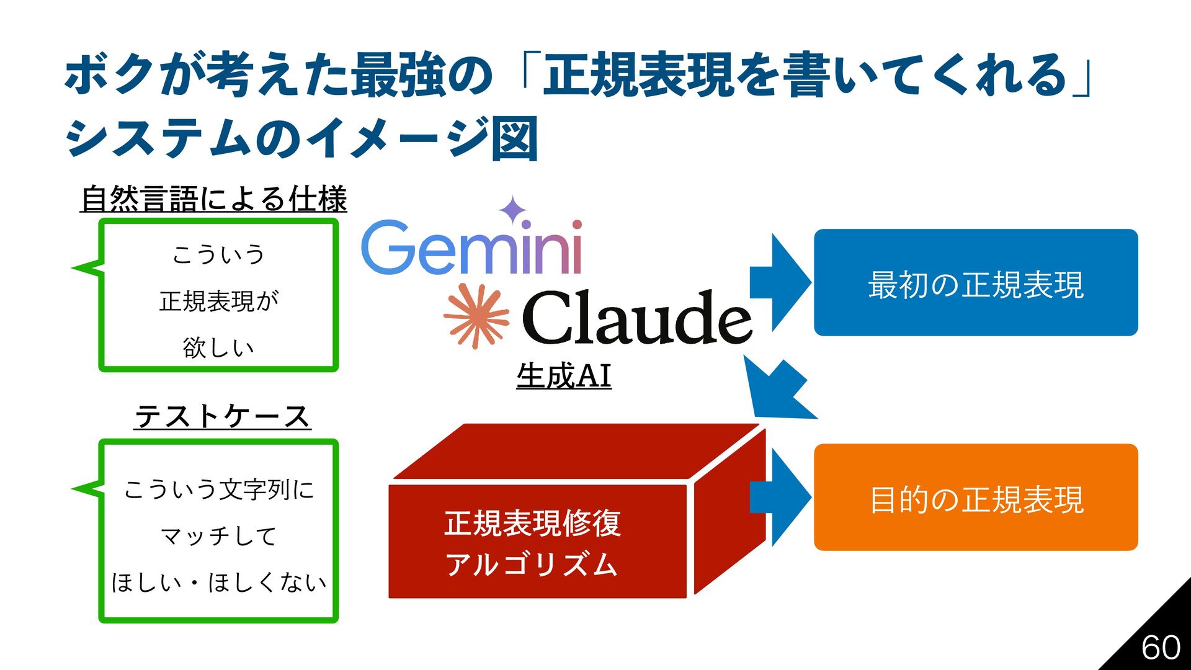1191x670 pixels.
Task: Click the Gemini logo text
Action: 471,248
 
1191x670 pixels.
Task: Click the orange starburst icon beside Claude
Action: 476,316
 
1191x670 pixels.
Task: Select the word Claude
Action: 636,318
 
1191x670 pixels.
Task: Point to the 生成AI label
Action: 563,376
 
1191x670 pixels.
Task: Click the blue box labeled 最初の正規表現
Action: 975,283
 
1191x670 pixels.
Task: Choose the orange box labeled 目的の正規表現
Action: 975,498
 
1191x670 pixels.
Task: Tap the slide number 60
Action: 1161,648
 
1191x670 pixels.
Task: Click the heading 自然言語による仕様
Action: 213,199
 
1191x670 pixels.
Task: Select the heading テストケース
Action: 222,416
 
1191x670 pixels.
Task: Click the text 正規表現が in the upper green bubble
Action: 219,301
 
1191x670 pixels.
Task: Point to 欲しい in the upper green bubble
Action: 218,347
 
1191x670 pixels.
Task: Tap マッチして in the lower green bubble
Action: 218,536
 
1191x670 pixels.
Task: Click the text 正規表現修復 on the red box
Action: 532,523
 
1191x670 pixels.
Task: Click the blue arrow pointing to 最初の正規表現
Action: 779,283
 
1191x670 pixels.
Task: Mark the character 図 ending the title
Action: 514,139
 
